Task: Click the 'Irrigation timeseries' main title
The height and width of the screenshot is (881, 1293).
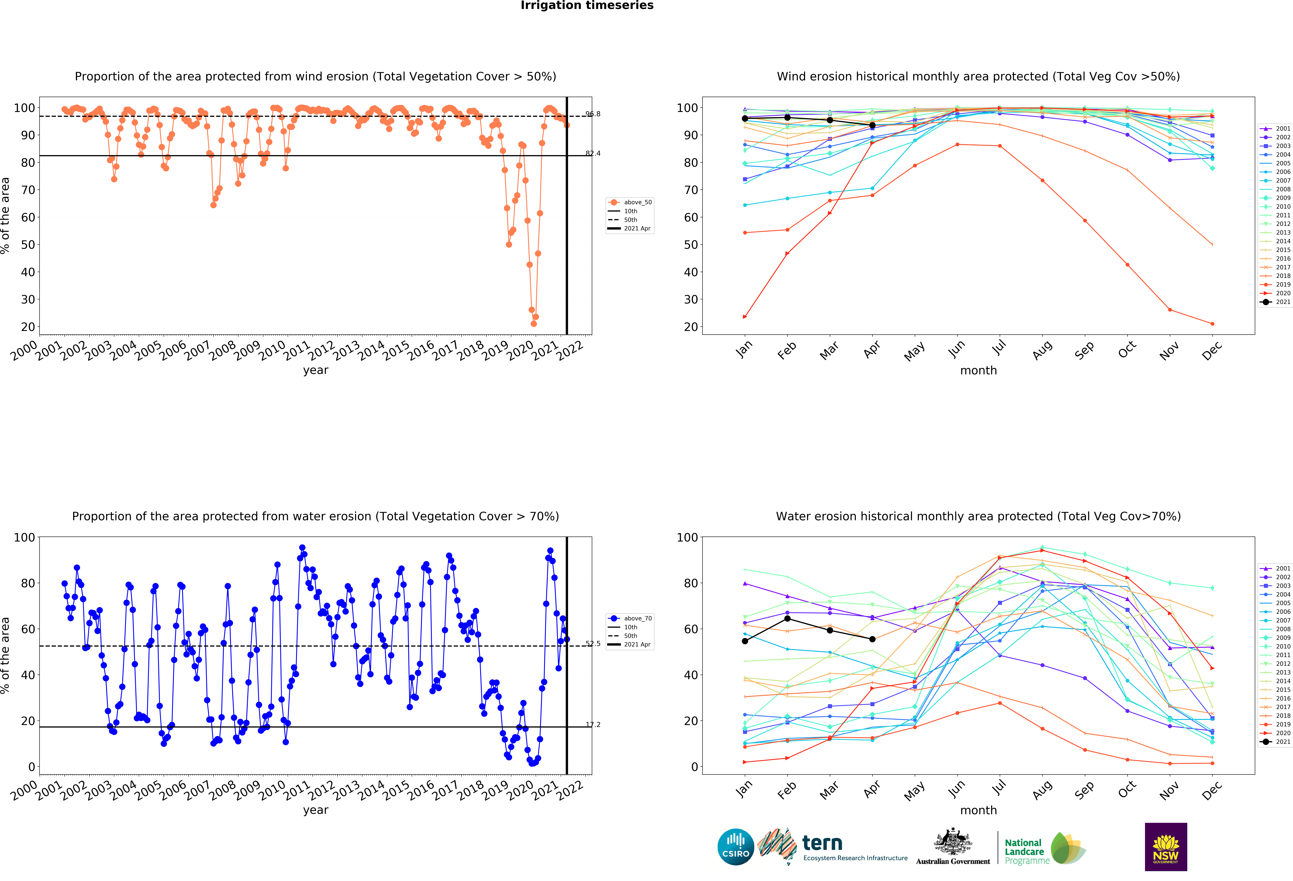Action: (x=587, y=6)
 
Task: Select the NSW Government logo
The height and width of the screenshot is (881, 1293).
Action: (x=1166, y=847)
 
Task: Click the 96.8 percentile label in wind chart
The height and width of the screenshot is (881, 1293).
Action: (x=593, y=114)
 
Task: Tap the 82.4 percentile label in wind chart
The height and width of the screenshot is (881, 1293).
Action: (x=593, y=153)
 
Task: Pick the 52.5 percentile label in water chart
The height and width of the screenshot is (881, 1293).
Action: (x=593, y=644)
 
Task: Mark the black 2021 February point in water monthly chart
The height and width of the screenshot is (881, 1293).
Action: (x=787, y=618)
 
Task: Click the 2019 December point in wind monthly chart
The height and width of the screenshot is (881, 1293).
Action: (x=1212, y=324)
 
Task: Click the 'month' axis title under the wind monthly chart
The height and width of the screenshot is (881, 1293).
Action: (x=978, y=370)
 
